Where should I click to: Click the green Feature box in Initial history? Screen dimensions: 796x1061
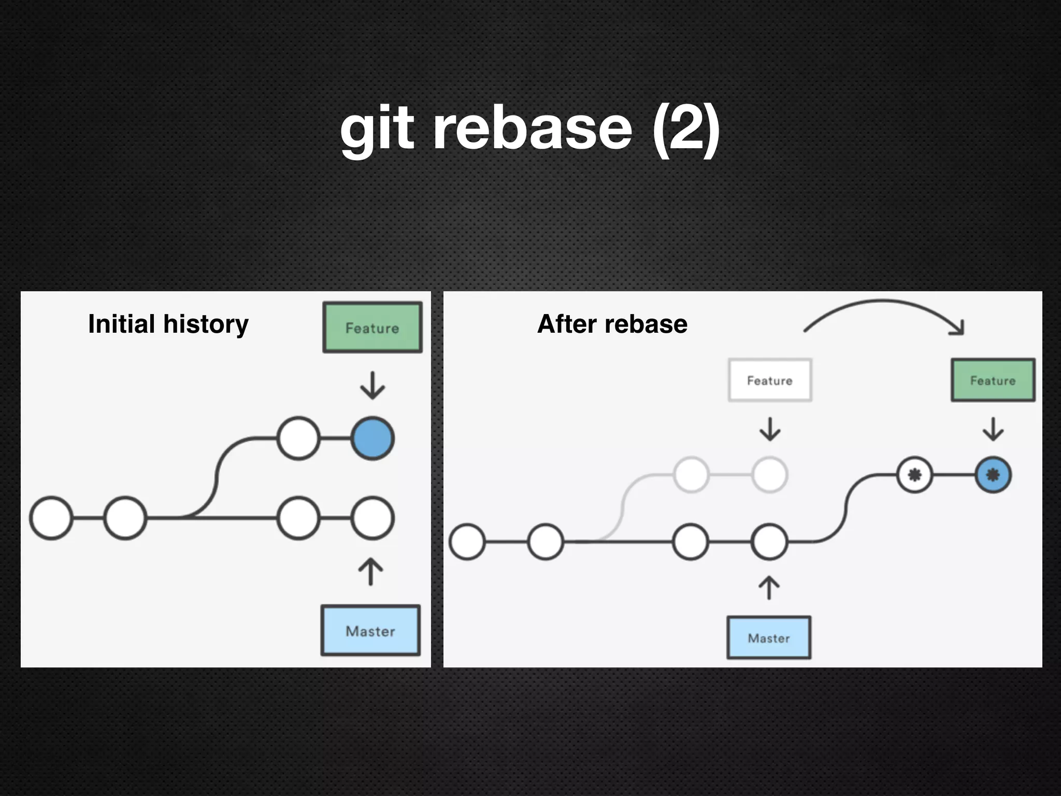tap(372, 328)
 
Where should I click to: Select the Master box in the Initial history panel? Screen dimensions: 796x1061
tap(370, 631)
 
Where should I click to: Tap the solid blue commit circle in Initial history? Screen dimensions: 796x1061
tap(372, 438)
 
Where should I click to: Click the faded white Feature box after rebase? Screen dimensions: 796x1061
tap(770, 380)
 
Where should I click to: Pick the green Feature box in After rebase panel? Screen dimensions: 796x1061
tap(993, 380)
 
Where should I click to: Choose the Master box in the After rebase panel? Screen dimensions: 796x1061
tap(769, 638)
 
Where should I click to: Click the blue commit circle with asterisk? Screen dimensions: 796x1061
tap(993, 475)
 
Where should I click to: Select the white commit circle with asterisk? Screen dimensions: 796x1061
tap(914, 475)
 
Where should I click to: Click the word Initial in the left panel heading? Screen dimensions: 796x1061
tap(122, 324)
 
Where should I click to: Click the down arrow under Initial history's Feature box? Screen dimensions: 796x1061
tap(372, 386)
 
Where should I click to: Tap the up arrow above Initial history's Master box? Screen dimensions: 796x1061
tap(371, 572)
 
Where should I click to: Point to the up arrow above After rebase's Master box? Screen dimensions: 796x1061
tap(769, 588)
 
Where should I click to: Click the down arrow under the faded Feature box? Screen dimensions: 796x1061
tap(770, 429)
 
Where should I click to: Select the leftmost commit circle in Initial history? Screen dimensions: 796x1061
tap(51, 518)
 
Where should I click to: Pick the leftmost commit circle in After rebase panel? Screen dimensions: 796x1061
tap(467, 542)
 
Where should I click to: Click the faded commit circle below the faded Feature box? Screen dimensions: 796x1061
tap(770, 475)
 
